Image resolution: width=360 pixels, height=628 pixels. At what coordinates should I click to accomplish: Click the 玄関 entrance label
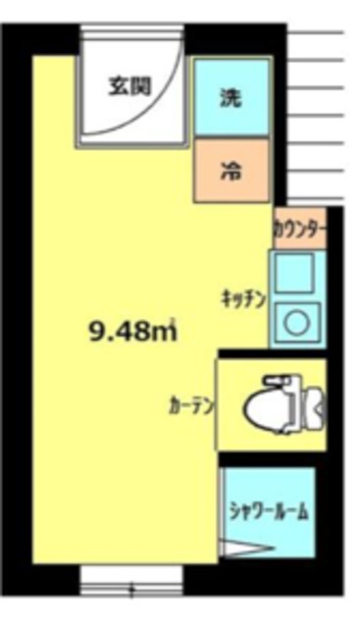click(129, 85)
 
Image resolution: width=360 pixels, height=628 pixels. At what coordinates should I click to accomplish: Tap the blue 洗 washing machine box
click(231, 98)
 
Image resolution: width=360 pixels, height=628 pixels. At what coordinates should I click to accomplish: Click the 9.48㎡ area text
click(132, 333)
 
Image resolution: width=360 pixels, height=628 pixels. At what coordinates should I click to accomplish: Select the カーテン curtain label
click(192, 404)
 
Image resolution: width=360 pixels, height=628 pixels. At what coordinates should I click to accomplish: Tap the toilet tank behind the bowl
click(312, 402)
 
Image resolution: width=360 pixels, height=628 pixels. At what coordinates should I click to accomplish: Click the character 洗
click(231, 98)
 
